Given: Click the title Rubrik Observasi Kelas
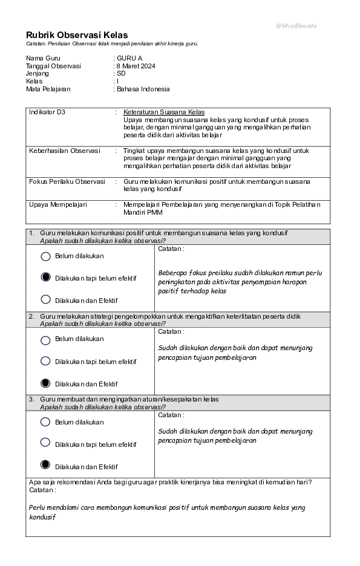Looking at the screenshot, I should click(x=77, y=35).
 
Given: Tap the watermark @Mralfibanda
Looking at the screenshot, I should click(x=296, y=26).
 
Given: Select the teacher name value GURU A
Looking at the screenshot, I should click(x=129, y=58).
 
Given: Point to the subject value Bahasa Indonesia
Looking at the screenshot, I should click(x=143, y=89).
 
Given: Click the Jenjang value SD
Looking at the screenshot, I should click(x=121, y=73).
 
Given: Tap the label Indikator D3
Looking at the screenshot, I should click(x=47, y=112).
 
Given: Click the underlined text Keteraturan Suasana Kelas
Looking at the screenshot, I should click(x=163, y=112).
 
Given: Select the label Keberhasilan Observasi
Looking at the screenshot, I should click(x=64, y=151).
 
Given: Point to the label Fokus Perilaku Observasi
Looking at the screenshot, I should click(x=67, y=181).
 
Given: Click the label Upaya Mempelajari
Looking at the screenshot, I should click(x=58, y=204).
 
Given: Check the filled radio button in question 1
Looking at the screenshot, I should click(x=45, y=278).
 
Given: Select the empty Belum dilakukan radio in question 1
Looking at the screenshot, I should click(x=45, y=256).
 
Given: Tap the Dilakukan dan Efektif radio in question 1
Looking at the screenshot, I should click(x=45, y=299).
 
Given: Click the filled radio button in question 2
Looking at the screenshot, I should click(x=45, y=383).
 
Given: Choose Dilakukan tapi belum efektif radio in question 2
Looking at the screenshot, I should click(x=45, y=361).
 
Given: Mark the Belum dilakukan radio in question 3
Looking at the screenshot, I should click(x=45, y=422).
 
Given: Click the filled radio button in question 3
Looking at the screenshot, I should click(x=45, y=465).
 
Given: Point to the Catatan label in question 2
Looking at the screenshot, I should click(x=171, y=331).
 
